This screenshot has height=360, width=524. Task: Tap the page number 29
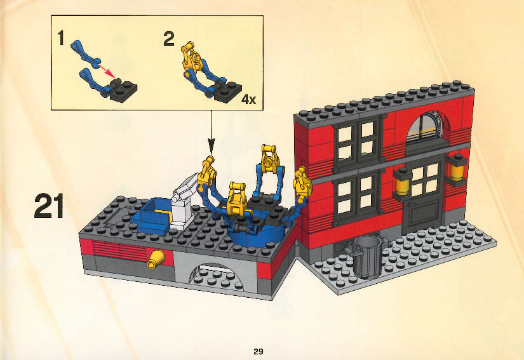pos(259,351)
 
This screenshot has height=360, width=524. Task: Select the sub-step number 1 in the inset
pos(60,37)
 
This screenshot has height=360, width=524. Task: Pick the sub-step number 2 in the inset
pos(169,39)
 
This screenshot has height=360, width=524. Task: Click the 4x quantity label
pos(248,99)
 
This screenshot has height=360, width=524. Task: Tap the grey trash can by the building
pos(366,255)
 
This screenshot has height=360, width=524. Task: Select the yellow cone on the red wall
pos(156,260)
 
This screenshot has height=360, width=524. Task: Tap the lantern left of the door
pos(401,182)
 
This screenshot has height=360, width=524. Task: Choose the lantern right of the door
pos(456,169)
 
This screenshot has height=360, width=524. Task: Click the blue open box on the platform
pos(152,215)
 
